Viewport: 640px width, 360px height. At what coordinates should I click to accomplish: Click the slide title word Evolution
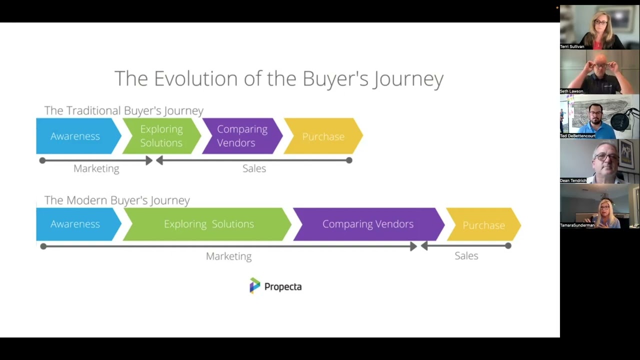pyautogui.click(x=195, y=79)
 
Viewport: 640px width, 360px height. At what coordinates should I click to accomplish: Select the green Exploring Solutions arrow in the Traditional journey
pyautogui.click(x=161, y=136)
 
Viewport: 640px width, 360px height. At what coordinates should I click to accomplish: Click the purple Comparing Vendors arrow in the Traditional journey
pyautogui.click(x=242, y=136)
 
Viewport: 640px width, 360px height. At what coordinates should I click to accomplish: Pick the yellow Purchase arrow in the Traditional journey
pyautogui.click(x=323, y=136)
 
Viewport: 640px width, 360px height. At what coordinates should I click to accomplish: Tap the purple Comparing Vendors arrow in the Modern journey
pyautogui.click(x=368, y=224)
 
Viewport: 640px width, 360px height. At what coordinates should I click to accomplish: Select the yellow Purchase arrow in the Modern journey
pyautogui.click(x=483, y=225)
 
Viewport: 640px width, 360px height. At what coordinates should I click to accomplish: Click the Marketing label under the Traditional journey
pyautogui.click(x=96, y=168)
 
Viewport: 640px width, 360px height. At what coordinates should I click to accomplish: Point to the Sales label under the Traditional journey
pyautogui.click(x=254, y=168)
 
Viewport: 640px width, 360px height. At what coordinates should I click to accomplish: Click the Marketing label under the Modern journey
pyautogui.click(x=228, y=256)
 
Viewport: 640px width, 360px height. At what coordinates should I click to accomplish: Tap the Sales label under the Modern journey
pyautogui.click(x=466, y=256)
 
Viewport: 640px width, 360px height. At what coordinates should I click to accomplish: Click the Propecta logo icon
pyautogui.click(x=255, y=285)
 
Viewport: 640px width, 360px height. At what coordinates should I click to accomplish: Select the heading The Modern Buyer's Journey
pyautogui.click(x=117, y=200)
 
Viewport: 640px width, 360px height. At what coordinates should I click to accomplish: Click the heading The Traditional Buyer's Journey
pyautogui.click(x=123, y=110)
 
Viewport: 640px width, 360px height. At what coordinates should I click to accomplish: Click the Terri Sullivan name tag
pyautogui.click(x=572, y=46)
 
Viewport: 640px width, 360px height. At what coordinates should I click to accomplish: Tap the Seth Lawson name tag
pyautogui.click(x=571, y=91)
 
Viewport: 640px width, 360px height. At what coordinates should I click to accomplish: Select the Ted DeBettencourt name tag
pyautogui.click(x=577, y=136)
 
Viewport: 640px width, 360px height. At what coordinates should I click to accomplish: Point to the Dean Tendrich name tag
pyautogui.click(x=573, y=180)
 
